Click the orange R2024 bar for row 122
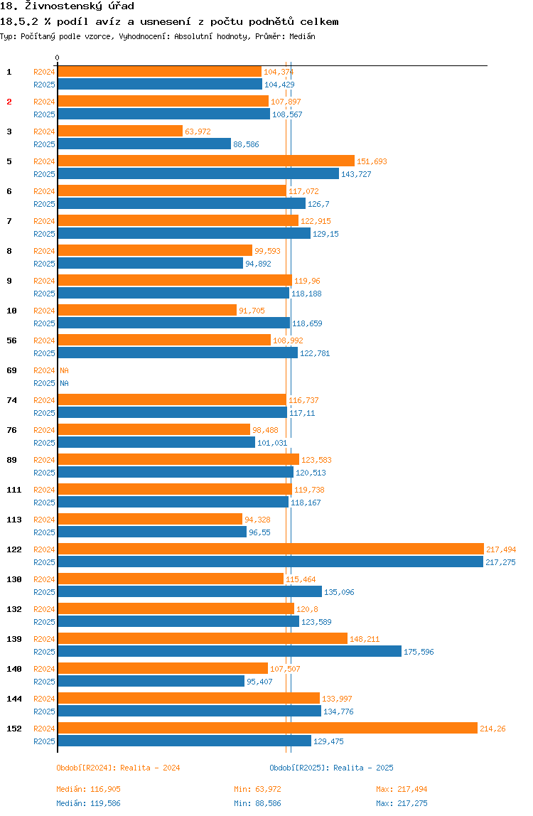[270, 549]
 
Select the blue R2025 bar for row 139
[229, 651]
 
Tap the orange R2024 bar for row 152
[267, 728]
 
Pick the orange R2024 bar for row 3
[119, 131]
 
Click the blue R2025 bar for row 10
[173, 323]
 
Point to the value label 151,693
[372, 161]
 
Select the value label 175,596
[419, 652]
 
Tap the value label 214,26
[492, 729]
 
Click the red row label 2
[9, 102]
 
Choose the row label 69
[11, 370]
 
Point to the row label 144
[14, 699]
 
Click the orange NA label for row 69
[64, 370]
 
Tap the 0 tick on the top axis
[57, 58]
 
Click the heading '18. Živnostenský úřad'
[58, 6]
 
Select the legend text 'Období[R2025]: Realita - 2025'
[331, 768]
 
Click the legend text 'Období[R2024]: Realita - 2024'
[118, 768]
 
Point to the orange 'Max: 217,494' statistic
[402, 789]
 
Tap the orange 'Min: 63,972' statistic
[257, 789]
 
